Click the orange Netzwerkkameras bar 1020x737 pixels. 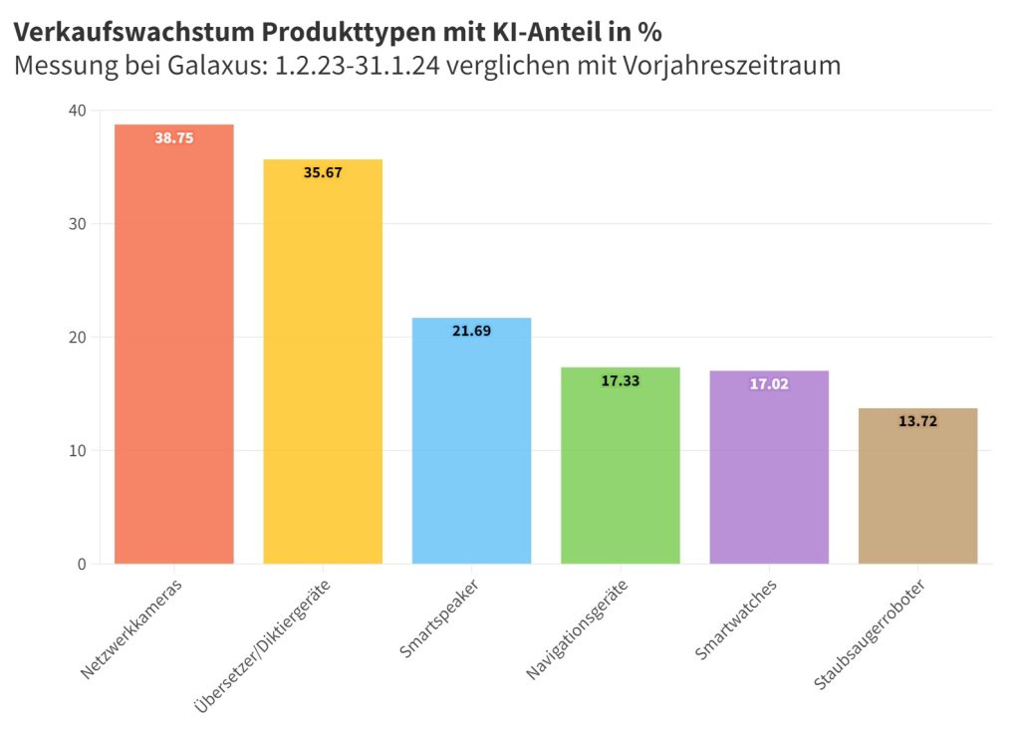coord(174,349)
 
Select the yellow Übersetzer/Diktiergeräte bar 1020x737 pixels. coord(323,368)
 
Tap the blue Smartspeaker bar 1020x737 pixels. coord(471,448)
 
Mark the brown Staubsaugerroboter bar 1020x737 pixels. coord(917,493)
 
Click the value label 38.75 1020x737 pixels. coord(174,138)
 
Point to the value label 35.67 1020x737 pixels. coord(323,173)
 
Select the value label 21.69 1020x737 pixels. coord(471,332)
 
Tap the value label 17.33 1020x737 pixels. coord(620,381)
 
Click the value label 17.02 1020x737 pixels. coord(769,384)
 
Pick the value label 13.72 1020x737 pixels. coord(917,422)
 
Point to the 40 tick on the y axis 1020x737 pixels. coord(78,110)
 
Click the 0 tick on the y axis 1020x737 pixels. coord(82,565)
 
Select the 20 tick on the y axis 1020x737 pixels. coord(78,338)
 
